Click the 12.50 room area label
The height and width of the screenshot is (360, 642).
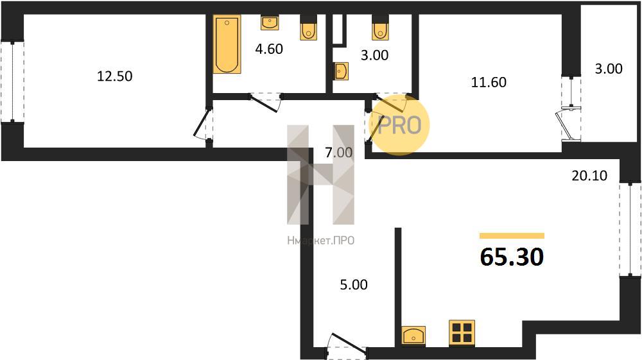pyautogui.click(x=115, y=76)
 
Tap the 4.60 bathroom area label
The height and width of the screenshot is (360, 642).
pyautogui.click(x=269, y=49)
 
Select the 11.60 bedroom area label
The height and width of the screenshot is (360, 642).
pyautogui.click(x=489, y=82)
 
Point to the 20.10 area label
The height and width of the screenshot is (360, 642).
pyautogui.click(x=589, y=175)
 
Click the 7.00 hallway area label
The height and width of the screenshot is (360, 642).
pyautogui.click(x=338, y=153)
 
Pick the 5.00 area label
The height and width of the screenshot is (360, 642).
pyautogui.click(x=354, y=284)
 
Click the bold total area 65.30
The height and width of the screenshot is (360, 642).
pyautogui.click(x=512, y=257)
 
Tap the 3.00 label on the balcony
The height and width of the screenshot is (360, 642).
pyautogui.click(x=609, y=69)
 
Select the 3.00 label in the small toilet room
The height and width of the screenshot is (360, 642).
pyautogui.click(x=375, y=55)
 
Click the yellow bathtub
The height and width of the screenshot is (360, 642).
pyautogui.click(x=227, y=44)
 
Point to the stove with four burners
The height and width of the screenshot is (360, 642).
pyautogui.click(x=462, y=332)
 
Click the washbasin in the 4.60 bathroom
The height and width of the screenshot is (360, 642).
pyautogui.click(x=270, y=23)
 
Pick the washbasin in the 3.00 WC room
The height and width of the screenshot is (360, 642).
pyautogui.click(x=341, y=71)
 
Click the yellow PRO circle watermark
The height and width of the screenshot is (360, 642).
pyautogui.click(x=399, y=124)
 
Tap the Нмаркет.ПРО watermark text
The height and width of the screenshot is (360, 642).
pyautogui.click(x=320, y=241)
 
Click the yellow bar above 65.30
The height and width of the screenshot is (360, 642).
pyautogui.click(x=512, y=236)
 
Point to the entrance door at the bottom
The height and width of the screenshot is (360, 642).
pyautogui.click(x=346, y=348)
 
